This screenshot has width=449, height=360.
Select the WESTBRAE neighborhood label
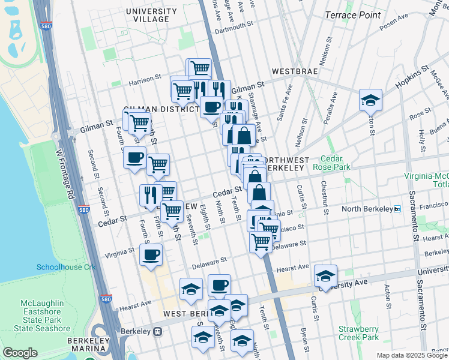(x=294, y=71)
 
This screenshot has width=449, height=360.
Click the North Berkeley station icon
(x=397, y=209)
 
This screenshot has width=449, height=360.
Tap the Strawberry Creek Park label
(x=358, y=333)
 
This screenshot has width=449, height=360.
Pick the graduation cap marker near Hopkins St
(x=370, y=99)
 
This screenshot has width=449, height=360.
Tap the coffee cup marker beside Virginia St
(x=151, y=254)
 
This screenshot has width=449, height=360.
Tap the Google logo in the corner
(x=20, y=353)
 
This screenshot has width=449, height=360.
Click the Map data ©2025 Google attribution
(x=412, y=355)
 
